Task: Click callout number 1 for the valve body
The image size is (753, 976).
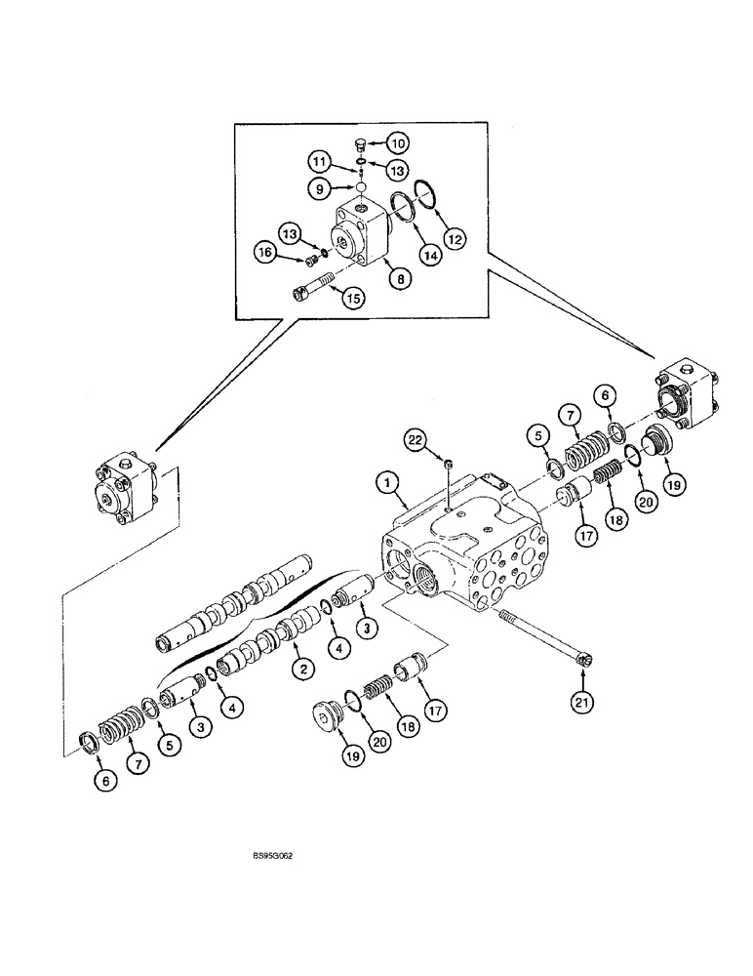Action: [387, 481]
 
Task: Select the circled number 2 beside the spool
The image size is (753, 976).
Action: [305, 668]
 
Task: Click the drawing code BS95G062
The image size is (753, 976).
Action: [271, 855]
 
